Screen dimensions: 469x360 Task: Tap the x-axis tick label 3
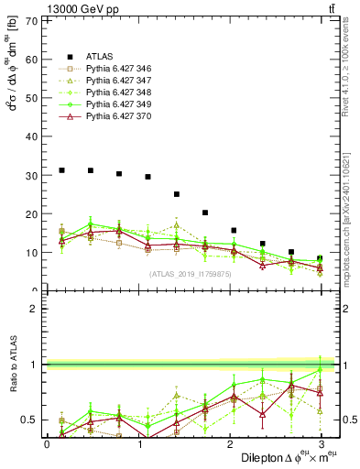tap(321, 444)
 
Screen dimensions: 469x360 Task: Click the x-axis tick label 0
tap(47, 444)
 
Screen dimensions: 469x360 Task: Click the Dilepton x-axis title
tap(274, 457)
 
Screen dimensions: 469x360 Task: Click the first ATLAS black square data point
tap(61, 170)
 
